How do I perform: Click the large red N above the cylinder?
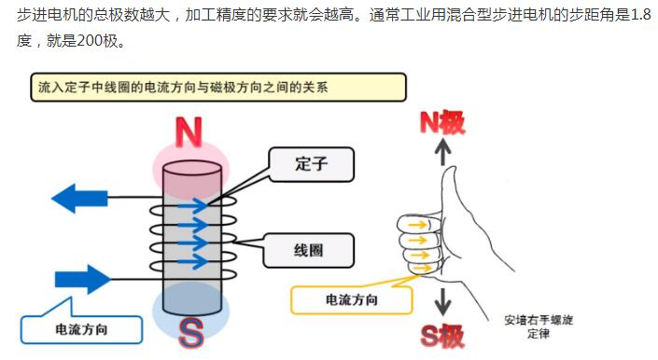189,132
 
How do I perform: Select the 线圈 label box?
311,249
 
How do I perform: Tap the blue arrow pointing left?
79,198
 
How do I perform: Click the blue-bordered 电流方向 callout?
82,329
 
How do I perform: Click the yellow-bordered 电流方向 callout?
351,300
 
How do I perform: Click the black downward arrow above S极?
444,300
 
